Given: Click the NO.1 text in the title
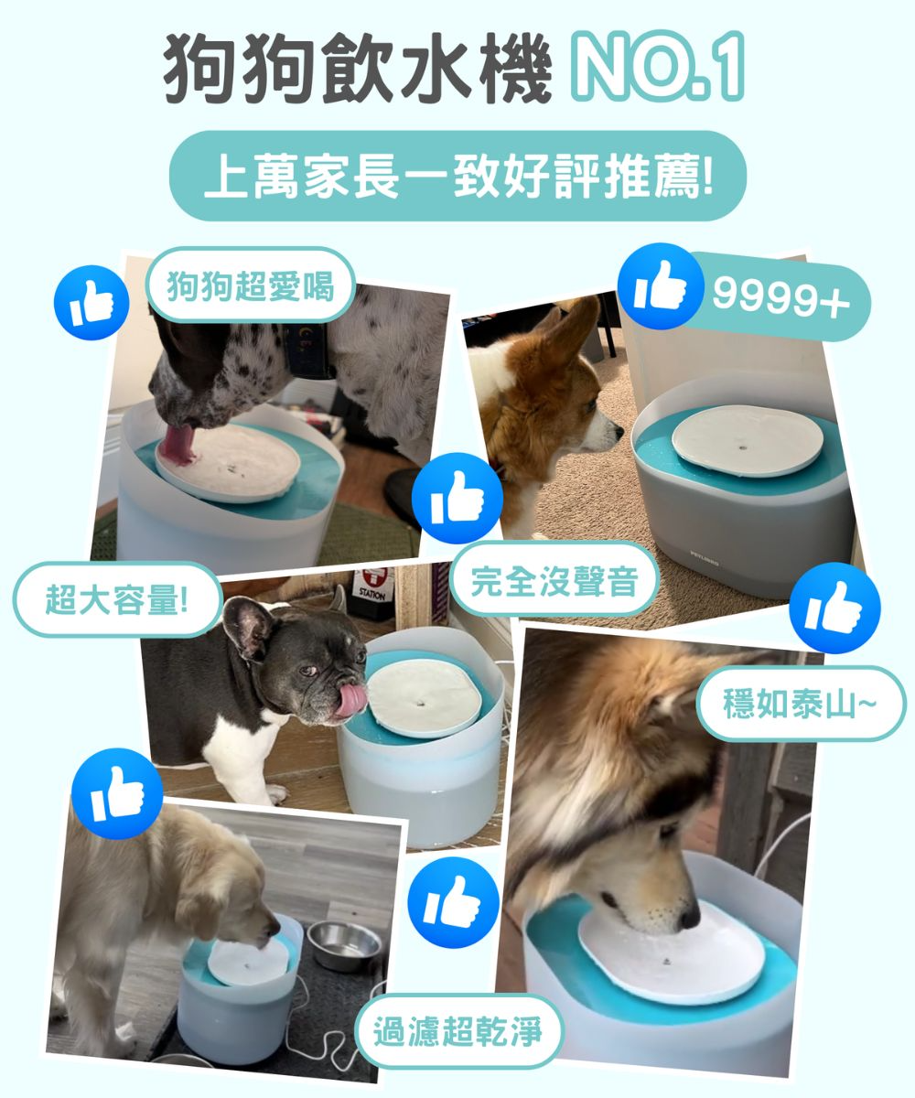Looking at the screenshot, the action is (x=657, y=67).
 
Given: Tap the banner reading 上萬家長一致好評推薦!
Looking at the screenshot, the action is (x=457, y=176).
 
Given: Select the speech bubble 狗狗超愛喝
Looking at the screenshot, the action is (x=251, y=285).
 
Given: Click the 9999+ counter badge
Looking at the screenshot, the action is (x=780, y=297).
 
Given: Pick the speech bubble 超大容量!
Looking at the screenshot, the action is (x=117, y=600).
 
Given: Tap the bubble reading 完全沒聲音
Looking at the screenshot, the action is (x=554, y=580).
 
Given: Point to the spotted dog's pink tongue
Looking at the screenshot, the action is (x=178, y=446).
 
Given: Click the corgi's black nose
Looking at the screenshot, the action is (x=619, y=432).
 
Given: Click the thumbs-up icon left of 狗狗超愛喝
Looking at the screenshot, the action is (x=91, y=302).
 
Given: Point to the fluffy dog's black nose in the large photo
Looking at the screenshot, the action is (x=690, y=917).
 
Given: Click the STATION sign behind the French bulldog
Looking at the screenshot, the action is (x=372, y=587).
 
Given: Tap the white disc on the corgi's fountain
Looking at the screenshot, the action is (x=748, y=441).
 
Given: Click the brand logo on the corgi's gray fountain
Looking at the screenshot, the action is (x=705, y=560).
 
